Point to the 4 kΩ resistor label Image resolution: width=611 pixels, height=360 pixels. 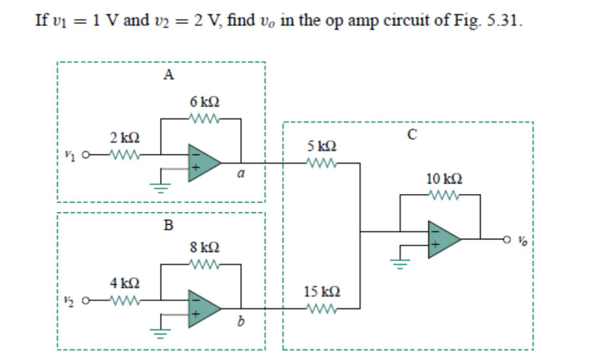click(x=121, y=283)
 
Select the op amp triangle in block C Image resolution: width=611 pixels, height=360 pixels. click(x=442, y=240)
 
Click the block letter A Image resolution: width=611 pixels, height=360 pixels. click(x=169, y=75)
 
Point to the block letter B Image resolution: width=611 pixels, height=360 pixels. click(x=169, y=225)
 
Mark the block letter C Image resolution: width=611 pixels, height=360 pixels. click(x=412, y=135)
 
